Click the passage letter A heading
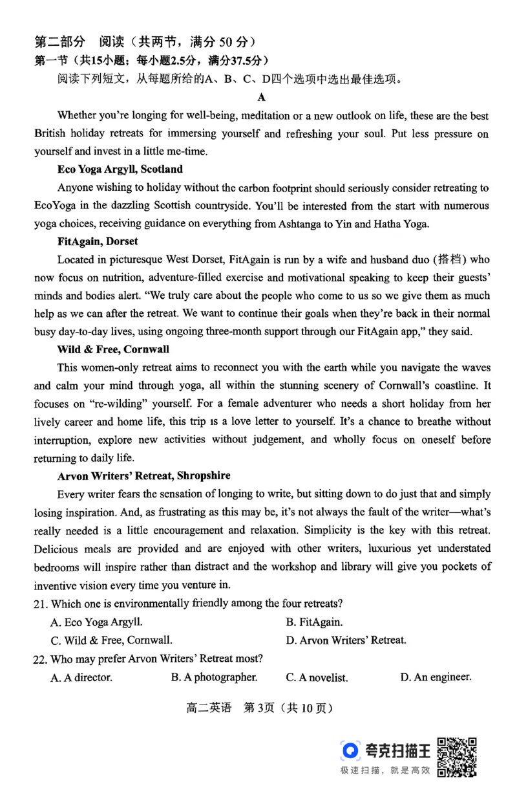(262, 98)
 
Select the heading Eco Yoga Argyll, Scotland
(120, 169)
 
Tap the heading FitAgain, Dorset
(97, 241)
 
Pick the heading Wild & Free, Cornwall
(113, 349)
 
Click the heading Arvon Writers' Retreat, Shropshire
(143, 475)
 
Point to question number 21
(41, 604)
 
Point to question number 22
(41, 659)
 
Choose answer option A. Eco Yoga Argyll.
(96, 622)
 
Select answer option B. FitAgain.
(314, 622)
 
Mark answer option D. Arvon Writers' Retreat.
(346, 640)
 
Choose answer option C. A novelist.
(317, 678)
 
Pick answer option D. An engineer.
(436, 677)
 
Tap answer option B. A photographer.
(214, 677)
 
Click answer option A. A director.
(81, 678)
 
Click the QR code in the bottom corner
(458, 756)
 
